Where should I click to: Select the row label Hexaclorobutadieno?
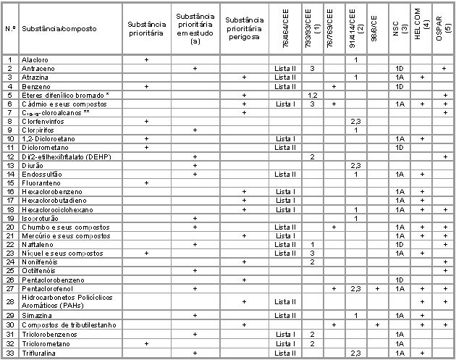[x=56, y=200]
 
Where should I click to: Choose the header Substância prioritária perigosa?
[x=244, y=29]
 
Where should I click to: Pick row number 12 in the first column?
[x=10, y=156]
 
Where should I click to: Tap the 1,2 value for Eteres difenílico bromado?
[x=312, y=95]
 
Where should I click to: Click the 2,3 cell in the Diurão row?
[x=355, y=165]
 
